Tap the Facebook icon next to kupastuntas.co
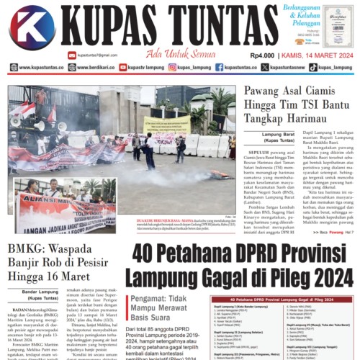[x=219, y=68]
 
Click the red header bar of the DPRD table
[x=282, y=298]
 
